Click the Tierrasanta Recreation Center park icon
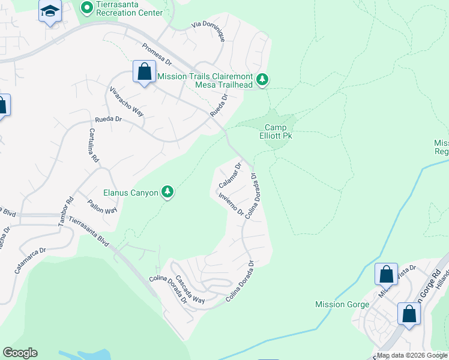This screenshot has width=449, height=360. pos(86,8)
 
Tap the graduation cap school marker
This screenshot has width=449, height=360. pos(50,11)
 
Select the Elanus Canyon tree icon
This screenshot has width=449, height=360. pos(169,192)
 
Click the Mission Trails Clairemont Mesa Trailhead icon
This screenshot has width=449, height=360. pos(262,79)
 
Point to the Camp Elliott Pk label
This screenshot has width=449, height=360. pos(279,131)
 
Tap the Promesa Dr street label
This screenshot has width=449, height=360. pos(157,54)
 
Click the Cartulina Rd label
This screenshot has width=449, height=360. pos(93,146)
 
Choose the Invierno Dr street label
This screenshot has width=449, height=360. pos(231,204)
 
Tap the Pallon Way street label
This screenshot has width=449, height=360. pos(102,207)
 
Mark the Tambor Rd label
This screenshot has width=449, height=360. pos(65,212)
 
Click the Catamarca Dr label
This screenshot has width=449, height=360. pos(30,261)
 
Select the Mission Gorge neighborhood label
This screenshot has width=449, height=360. pos(342,304)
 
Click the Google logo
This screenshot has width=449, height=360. pos(20,353)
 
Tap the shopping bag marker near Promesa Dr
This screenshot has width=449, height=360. pos(144,73)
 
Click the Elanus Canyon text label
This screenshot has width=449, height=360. pos(131,193)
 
